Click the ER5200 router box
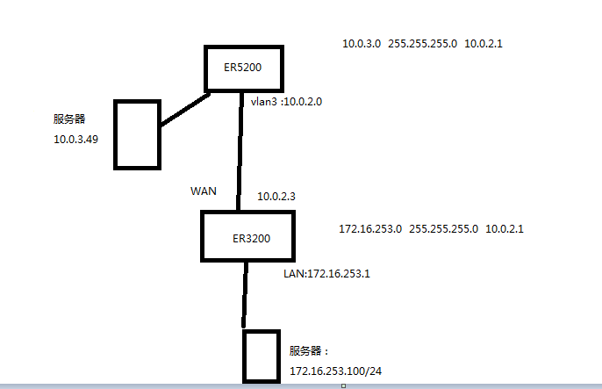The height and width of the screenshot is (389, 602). tap(247, 67)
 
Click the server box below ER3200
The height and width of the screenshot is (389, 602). tap(261, 356)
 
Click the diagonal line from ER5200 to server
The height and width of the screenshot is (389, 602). tap(185, 109)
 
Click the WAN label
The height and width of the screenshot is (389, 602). tap(204, 191)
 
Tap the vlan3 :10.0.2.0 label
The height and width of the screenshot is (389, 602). tap(287, 102)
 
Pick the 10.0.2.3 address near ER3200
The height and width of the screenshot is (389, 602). tap(276, 197)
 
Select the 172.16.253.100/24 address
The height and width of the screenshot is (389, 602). tap(336, 371)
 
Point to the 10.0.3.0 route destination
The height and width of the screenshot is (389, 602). tap(362, 43)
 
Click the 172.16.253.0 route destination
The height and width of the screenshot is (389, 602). tap(370, 228)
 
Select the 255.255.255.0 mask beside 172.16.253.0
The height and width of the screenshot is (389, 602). tap(444, 228)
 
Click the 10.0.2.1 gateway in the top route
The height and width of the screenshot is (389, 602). tap(482, 43)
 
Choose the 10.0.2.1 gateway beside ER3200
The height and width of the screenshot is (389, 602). tap(505, 228)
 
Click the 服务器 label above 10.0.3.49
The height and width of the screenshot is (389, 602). tap(69, 117)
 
